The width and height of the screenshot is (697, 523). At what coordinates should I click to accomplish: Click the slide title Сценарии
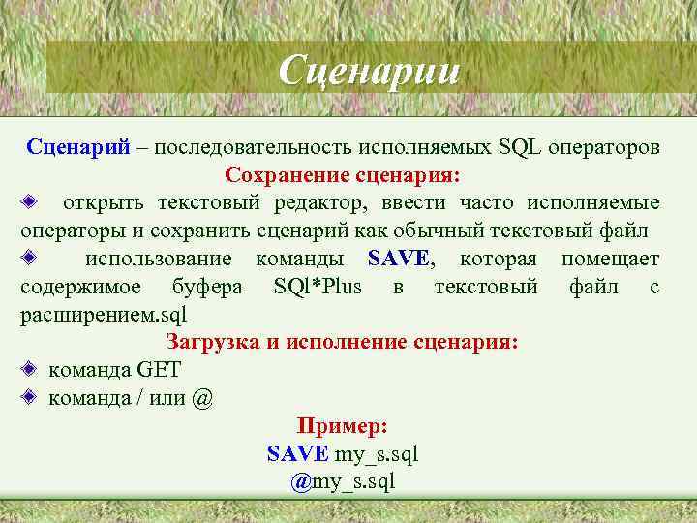click(367, 70)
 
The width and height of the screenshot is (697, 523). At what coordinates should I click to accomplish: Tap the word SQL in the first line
click(520, 148)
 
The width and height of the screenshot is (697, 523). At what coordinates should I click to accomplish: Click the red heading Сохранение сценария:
click(344, 176)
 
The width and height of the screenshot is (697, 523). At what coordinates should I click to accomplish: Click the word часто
click(490, 203)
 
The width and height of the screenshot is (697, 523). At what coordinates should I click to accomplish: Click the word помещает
click(610, 259)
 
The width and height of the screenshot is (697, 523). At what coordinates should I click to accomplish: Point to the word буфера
click(207, 287)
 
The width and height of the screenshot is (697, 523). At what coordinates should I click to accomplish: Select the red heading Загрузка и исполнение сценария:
click(343, 342)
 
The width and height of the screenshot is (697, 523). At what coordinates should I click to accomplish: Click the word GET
click(159, 370)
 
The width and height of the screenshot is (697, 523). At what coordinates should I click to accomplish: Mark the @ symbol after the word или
click(202, 398)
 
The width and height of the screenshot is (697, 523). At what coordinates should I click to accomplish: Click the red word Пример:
click(343, 425)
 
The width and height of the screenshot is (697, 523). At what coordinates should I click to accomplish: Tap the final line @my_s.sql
click(343, 481)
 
